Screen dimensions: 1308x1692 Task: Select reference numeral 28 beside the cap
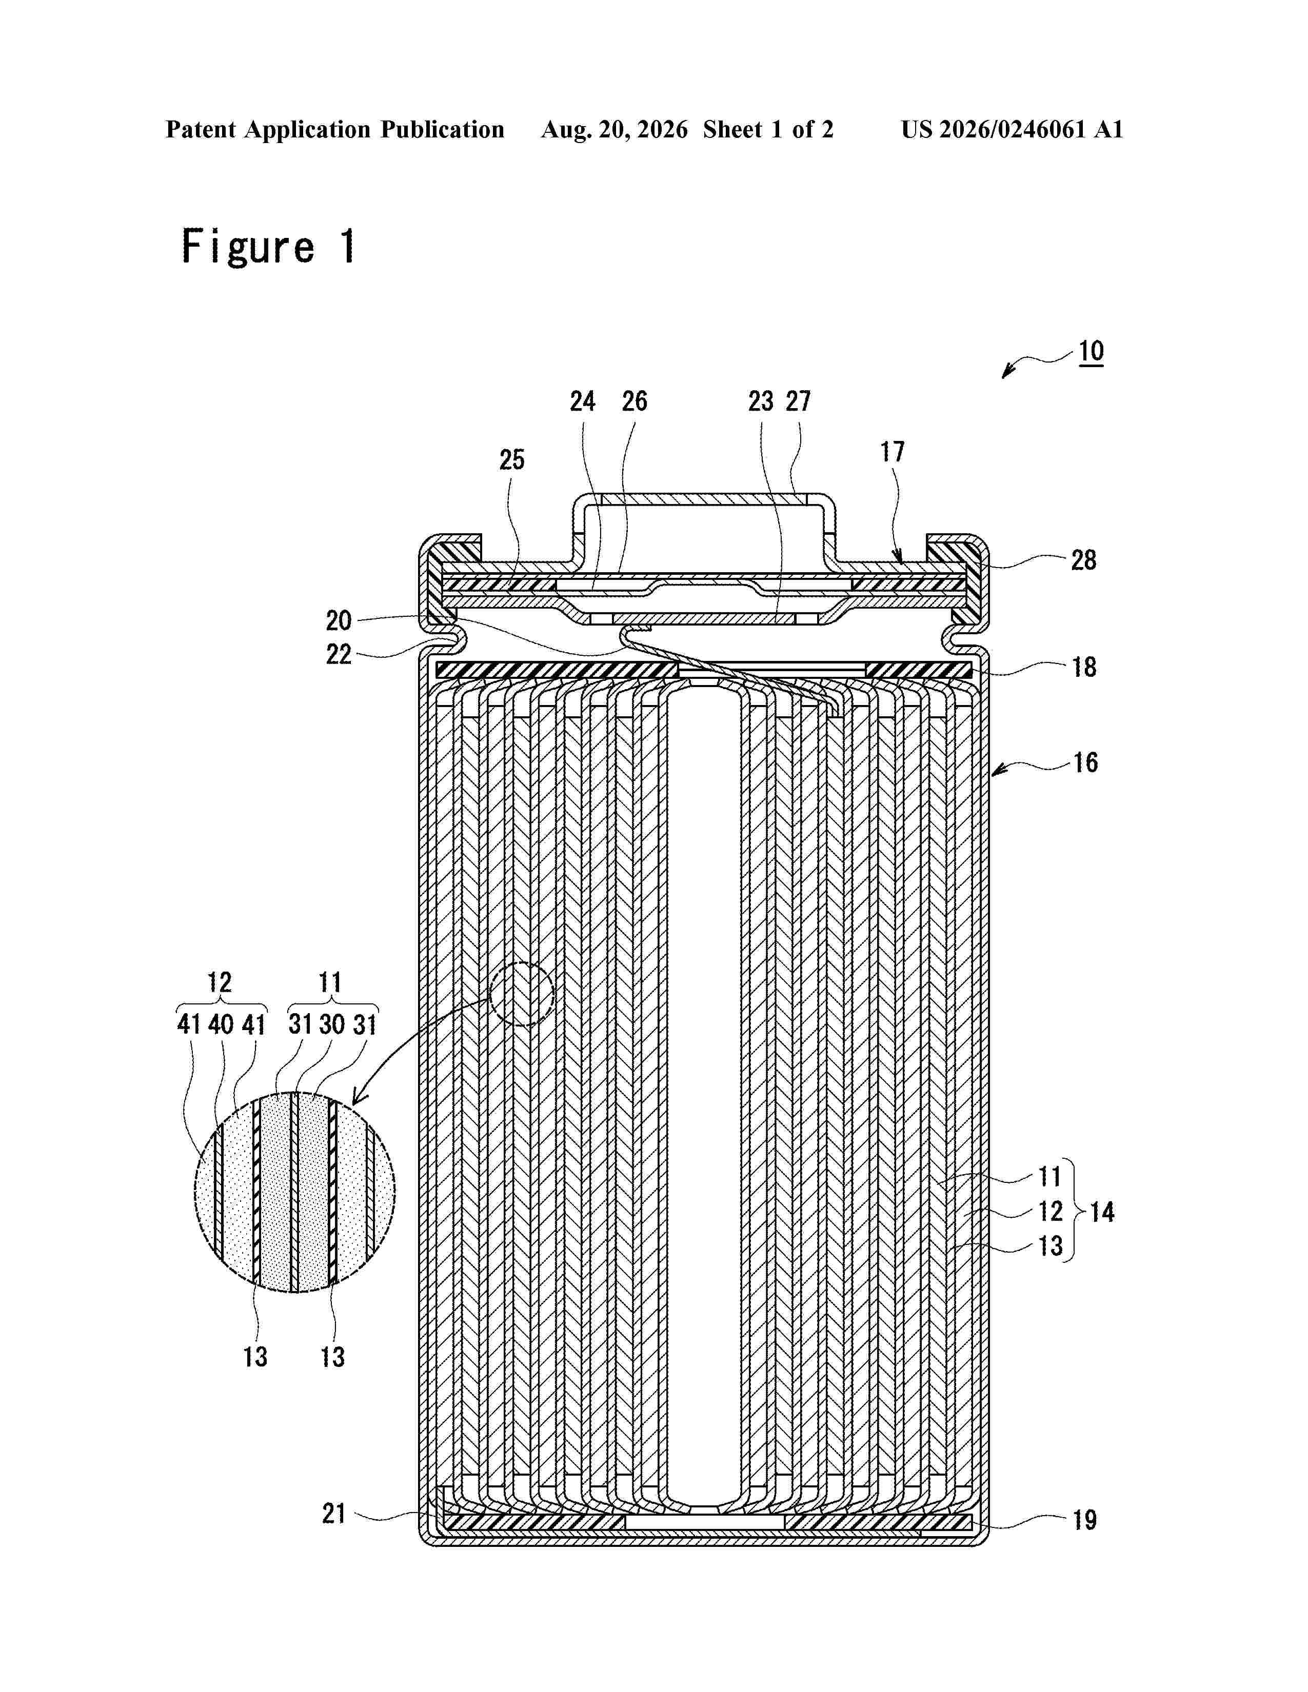(1083, 560)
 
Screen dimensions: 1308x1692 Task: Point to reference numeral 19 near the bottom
(1084, 1520)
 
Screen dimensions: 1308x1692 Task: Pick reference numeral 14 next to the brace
(1102, 1212)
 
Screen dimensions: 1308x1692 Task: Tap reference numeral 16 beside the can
(1085, 762)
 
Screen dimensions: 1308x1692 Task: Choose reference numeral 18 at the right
(1084, 667)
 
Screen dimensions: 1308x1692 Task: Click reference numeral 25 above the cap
(511, 460)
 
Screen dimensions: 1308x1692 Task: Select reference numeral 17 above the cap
(892, 452)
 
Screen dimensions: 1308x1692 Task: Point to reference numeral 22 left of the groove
(339, 655)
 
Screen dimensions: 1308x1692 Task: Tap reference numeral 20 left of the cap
(339, 620)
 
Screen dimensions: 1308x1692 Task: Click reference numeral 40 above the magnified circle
(221, 1024)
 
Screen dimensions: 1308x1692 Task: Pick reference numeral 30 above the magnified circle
(332, 1024)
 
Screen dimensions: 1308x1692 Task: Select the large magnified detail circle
(294, 1192)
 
